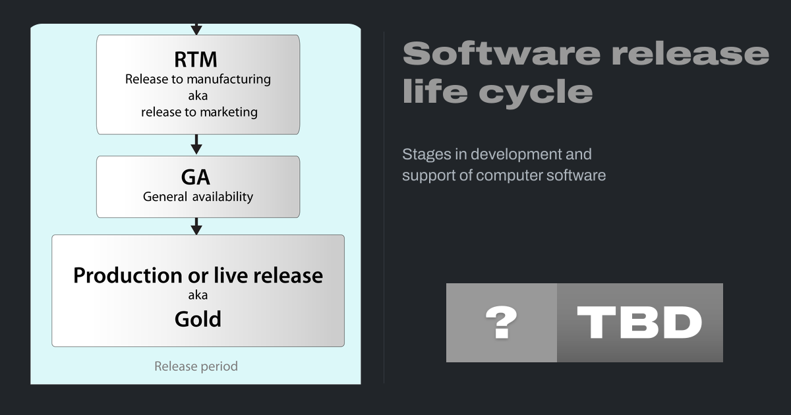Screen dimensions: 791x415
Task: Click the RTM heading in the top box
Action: pyautogui.click(x=196, y=59)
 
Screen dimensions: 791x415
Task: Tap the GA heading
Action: pyautogui.click(x=196, y=177)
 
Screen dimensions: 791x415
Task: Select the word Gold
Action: pyautogui.click(x=198, y=319)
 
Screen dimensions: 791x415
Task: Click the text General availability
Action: pyautogui.click(x=198, y=196)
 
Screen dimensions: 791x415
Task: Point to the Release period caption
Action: pyautogui.click(x=196, y=366)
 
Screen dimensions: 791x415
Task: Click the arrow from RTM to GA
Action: pyautogui.click(x=196, y=144)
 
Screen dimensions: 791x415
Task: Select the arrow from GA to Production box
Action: pyautogui.click(x=196, y=226)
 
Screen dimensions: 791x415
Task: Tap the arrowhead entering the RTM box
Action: pyautogui.click(x=196, y=30)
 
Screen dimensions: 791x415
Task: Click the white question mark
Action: pyautogui.click(x=502, y=323)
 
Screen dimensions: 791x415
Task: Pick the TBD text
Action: pyautogui.click(x=639, y=323)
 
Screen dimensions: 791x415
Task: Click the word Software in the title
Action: pyautogui.click(x=502, y=53)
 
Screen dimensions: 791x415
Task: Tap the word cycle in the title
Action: pyautogui.click(x=536, y=92)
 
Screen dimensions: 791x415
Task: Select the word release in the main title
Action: pyautogui.click(x=690, y=53)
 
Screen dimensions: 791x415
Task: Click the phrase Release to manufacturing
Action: pyautogui.click(x=198, y=80)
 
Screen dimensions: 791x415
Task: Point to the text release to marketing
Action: pyautogui.click(x=199, y=112)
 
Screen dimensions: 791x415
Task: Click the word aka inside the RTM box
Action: pyautogui.click(x=198, y=96)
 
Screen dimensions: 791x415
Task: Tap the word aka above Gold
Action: pyautogui.click(x=198, y=295)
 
